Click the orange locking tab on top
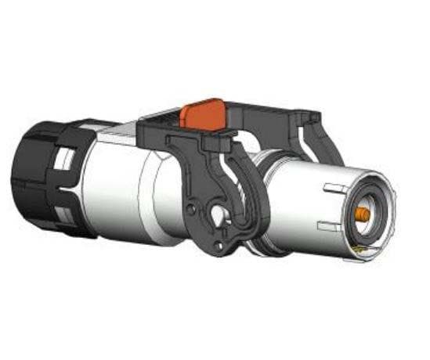(x=202, y=113)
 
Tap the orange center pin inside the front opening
(x=363, y=212)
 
